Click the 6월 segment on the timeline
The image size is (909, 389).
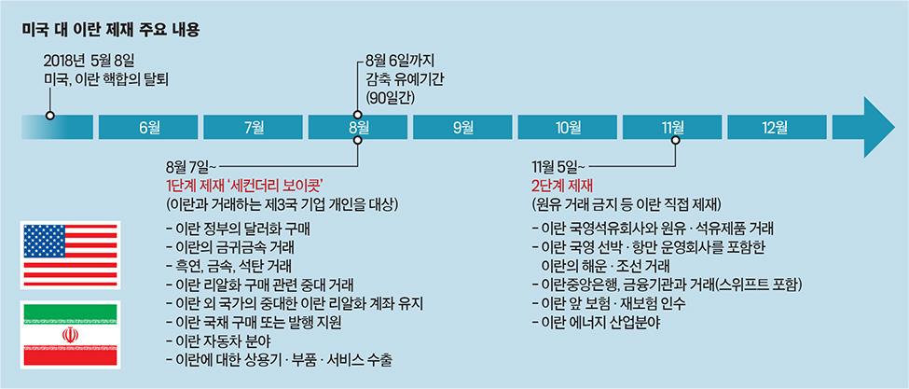click(148, 127)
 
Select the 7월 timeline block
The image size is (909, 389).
click(253, 127)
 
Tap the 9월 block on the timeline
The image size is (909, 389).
click(462, 127)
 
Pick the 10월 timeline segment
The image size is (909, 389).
click(567, 127)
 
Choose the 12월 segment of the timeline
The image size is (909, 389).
click(777, 127)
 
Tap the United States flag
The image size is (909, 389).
click(69, 255)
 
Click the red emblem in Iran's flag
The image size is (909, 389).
click(70, 335)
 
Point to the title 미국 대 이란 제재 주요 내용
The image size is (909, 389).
click(111, 30)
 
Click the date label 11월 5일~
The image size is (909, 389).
click(555, 167)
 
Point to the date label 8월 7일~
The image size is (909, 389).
click(188, 167)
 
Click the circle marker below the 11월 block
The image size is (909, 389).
click(677, 140)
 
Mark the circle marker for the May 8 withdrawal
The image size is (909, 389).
click(49, 116)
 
